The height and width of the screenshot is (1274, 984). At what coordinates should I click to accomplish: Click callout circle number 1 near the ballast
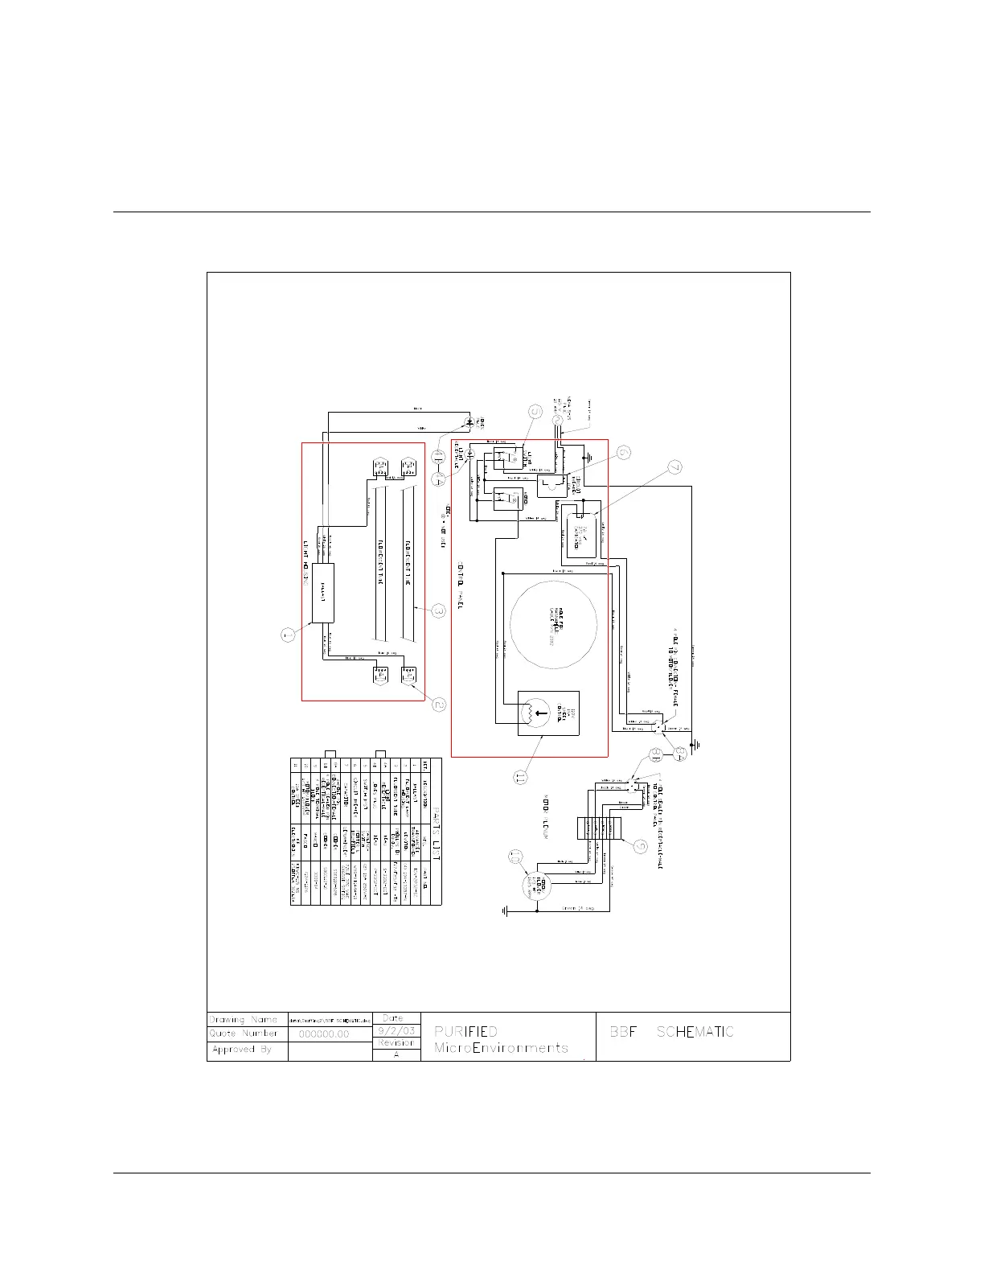[288, 635]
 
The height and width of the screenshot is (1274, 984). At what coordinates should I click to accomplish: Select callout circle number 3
[438, 611]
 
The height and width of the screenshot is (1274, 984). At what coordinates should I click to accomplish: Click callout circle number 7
[675, 466]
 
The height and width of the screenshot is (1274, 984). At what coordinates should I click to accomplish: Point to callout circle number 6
[624, 454]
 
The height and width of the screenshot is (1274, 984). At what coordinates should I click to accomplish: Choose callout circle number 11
[520, 777]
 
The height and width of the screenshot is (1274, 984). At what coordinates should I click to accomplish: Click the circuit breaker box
[551, 484]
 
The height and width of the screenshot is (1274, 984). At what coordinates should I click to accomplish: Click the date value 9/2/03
[396, 1030]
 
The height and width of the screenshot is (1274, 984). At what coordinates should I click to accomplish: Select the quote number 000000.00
[324, 1034]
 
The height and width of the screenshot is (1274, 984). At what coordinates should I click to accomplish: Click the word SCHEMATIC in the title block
[695, 1032]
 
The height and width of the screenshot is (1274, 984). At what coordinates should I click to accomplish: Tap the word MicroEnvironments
[501, 1048]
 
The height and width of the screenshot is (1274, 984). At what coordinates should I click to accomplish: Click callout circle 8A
[655, 754]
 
